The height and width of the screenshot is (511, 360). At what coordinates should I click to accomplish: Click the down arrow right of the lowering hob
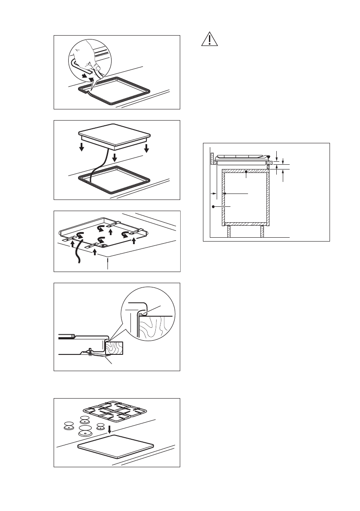[x=147, y=148]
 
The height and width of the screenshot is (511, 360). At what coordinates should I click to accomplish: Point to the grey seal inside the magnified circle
[x=140, y=315]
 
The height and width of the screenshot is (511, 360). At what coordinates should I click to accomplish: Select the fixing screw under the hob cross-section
[x=89, y=352]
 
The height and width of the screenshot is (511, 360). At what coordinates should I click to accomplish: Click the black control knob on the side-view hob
[x=268, y=157]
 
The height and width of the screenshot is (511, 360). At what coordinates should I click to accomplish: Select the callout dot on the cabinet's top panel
[x=246, y=172]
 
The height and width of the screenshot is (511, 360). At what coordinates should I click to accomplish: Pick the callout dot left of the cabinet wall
[x=213, y=207]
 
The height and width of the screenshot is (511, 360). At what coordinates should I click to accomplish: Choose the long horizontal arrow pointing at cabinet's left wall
[x=236, y=194]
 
